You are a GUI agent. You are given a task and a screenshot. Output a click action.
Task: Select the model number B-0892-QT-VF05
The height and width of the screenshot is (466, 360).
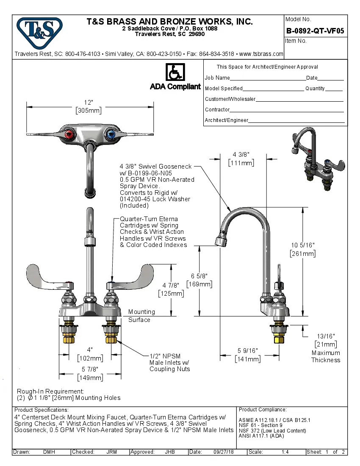point(315,31)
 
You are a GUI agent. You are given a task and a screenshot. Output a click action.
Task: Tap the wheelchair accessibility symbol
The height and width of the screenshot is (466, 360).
point(174,72)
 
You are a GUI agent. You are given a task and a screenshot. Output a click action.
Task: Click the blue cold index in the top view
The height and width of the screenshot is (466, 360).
point(111,135)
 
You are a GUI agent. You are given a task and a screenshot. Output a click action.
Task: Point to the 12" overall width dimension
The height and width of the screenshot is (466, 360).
point(89,106)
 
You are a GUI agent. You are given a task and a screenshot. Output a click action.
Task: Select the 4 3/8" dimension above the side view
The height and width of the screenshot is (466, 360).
point(241,158)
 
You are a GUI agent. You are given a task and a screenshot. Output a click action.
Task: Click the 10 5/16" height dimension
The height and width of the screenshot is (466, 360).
point(302,249)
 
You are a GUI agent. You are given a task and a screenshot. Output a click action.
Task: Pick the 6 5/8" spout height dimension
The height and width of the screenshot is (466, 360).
point(199,280)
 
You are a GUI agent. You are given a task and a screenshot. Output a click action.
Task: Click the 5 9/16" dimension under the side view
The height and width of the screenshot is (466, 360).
point(247,355)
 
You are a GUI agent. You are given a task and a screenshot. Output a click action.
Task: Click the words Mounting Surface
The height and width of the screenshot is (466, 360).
point(141,316)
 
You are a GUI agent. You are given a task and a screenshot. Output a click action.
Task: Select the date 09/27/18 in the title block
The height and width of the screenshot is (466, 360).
point(224,452)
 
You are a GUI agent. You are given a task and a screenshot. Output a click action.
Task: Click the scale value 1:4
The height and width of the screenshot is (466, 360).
point(285,452)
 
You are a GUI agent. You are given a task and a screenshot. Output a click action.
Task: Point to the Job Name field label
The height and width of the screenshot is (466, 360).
point(217,78)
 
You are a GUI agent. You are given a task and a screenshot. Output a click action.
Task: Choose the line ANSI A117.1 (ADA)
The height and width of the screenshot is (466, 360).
point(262,435)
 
